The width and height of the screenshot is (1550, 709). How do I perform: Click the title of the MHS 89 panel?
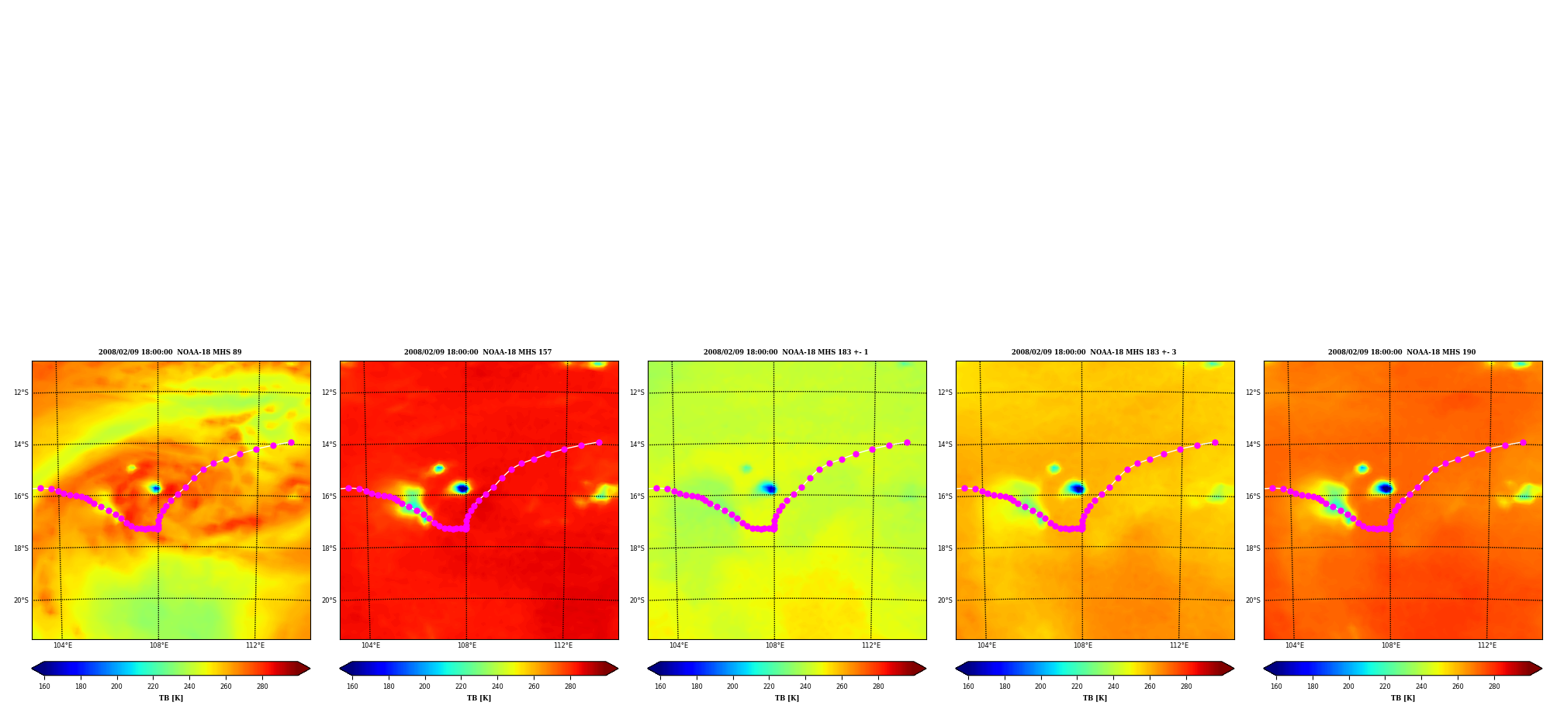tap(170, 352)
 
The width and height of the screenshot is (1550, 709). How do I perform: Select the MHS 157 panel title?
tap(478, 352)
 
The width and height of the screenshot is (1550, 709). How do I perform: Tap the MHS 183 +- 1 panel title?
tap(786, 352)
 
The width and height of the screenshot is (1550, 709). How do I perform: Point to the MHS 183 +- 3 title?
tap(1094, 352)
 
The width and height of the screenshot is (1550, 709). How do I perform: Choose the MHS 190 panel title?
tap(1402, 352)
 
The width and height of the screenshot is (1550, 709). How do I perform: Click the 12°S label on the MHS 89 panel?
tap(21, 393)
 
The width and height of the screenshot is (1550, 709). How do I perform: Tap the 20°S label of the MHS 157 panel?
tap(329, 600)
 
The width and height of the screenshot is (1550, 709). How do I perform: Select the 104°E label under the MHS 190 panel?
tap(1295, 645)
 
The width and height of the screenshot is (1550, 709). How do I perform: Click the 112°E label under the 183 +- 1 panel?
tap(871, 645)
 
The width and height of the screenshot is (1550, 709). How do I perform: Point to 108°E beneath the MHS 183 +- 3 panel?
tap(1083, 645)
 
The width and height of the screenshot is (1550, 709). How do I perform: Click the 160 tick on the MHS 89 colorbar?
tap(44, 686)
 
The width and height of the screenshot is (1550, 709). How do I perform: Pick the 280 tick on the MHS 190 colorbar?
tap(1494, 686)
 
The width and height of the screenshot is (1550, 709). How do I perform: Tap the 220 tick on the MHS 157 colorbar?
tap(461, 686)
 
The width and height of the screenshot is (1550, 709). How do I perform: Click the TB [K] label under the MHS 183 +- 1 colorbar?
tap(787, 698)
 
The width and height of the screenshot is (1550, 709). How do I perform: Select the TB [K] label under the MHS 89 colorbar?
tap(171, 698)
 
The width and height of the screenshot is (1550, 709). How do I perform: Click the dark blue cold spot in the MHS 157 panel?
tap(462, 488)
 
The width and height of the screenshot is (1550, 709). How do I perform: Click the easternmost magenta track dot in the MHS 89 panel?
tap(291, 442)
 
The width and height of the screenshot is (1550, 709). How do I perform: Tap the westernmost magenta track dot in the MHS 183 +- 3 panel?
tap(964, 488)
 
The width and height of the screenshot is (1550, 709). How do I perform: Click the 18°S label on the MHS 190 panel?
tap(1253, 548)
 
